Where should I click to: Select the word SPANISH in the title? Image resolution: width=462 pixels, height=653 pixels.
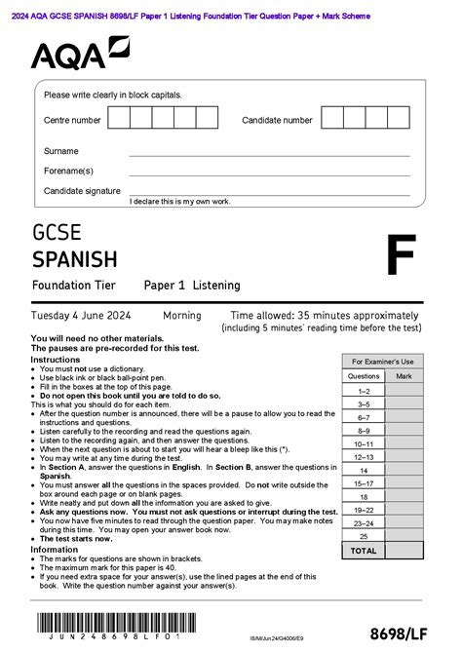[x=75, y=258]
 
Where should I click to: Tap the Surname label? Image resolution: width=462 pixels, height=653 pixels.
[x=61, y=152]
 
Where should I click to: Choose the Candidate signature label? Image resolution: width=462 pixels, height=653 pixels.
[x=82, y=191]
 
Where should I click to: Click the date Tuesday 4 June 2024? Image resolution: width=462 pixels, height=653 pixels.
[x=82, y=316]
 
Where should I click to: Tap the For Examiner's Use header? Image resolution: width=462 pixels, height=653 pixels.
[x=383, y=362]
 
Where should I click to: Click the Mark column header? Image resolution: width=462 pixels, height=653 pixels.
[x=404, y=375]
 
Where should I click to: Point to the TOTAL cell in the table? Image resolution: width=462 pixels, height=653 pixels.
[x=364, y=551]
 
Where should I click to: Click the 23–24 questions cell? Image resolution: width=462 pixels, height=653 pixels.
[x=364, y=523]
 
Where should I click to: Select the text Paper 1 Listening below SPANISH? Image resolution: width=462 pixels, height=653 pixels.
[x=192, y=285]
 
